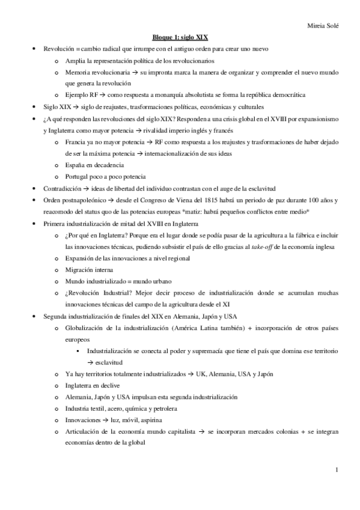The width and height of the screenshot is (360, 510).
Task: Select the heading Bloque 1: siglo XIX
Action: pos(180,37)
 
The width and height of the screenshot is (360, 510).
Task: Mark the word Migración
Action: pos(81,269)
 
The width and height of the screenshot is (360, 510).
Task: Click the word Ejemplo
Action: pos(78,94)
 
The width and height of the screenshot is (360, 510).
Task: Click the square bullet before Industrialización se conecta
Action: pos(80,351)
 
